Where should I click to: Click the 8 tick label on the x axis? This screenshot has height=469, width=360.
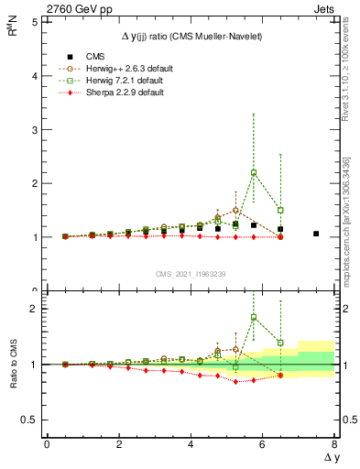pyautogui.click(x=334, y=444)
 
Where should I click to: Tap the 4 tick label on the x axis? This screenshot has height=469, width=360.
pyautogui.click(x=191, y=444)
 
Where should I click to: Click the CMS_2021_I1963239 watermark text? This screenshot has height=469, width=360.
pyautogui.click(x=191, y=273)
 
